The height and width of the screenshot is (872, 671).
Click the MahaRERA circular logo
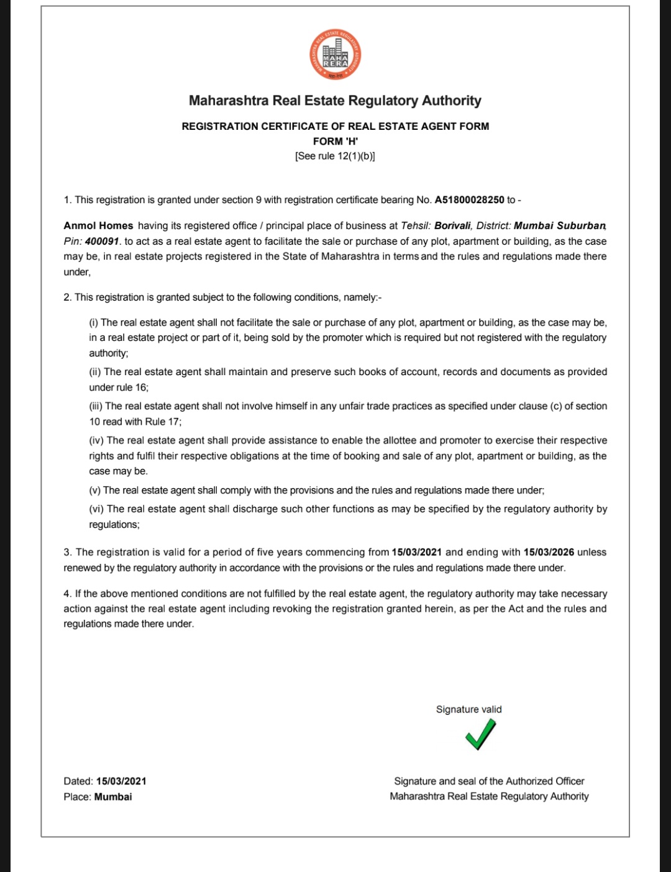point(335,55)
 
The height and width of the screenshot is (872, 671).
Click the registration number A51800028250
point(469,200)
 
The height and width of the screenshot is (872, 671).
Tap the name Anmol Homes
point(98,226)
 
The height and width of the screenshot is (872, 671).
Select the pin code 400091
point(101,242)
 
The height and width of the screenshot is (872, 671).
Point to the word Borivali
point(452,226)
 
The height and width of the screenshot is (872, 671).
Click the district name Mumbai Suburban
point(559,226)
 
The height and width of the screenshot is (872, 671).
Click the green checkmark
point(480,734)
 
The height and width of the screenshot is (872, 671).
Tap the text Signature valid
point(468,709)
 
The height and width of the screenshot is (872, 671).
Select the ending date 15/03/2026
point(549,552)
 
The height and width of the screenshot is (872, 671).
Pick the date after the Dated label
point(121,781)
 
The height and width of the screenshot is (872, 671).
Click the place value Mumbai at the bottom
point(113,797)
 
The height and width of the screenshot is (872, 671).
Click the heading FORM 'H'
point(335,141)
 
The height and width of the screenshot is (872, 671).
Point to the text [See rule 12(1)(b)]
point(335,156)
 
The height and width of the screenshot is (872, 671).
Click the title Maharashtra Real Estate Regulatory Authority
point(335,101)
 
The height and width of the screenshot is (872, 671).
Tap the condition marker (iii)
point(96,406)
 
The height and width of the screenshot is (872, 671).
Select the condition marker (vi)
point(96,509)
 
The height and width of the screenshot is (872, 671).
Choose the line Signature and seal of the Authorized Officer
point(489,781)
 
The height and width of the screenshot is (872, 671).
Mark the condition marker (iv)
point(96,440)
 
